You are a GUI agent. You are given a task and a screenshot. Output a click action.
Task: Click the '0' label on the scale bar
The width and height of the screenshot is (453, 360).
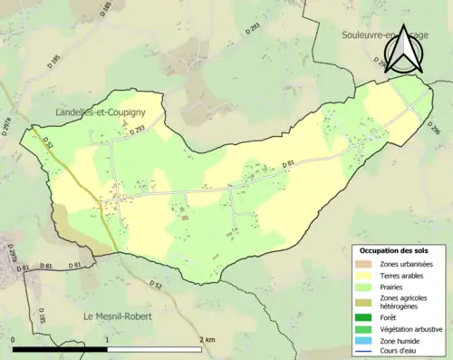pos(14,339)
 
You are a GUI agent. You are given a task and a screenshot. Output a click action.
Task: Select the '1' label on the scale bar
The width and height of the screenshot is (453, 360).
pos(107,339)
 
